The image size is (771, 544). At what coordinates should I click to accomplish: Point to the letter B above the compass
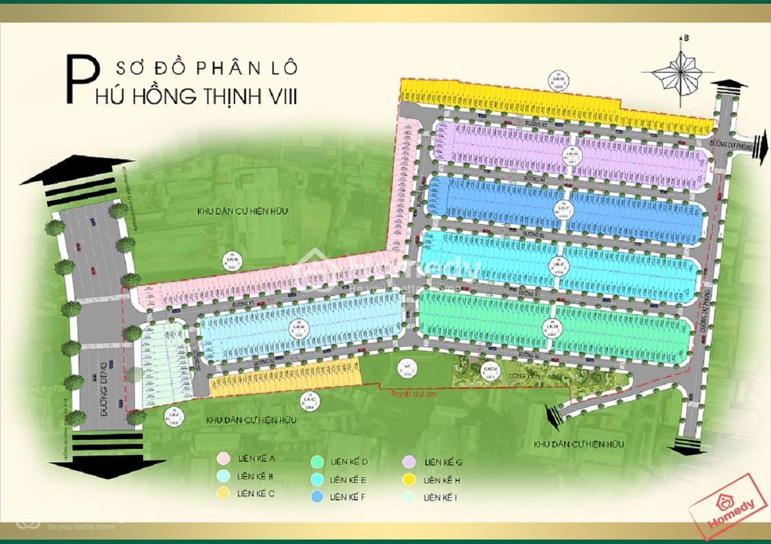tap(686, 39)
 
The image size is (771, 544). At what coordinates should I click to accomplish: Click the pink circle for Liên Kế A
tap(223, 458)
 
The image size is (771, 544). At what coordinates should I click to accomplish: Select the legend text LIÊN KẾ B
tap(255, 476)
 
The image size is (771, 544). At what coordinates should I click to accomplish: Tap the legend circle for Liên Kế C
tap(223, 493)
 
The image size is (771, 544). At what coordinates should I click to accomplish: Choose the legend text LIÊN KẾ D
tap(348, 462)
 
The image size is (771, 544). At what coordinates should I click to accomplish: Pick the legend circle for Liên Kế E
tap(316, 480)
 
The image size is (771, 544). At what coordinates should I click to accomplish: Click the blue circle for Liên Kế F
tap(316, 496)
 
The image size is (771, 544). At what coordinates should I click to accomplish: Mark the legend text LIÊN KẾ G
tap(443, 462)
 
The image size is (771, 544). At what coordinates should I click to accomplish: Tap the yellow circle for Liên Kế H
tap(409, 480)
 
